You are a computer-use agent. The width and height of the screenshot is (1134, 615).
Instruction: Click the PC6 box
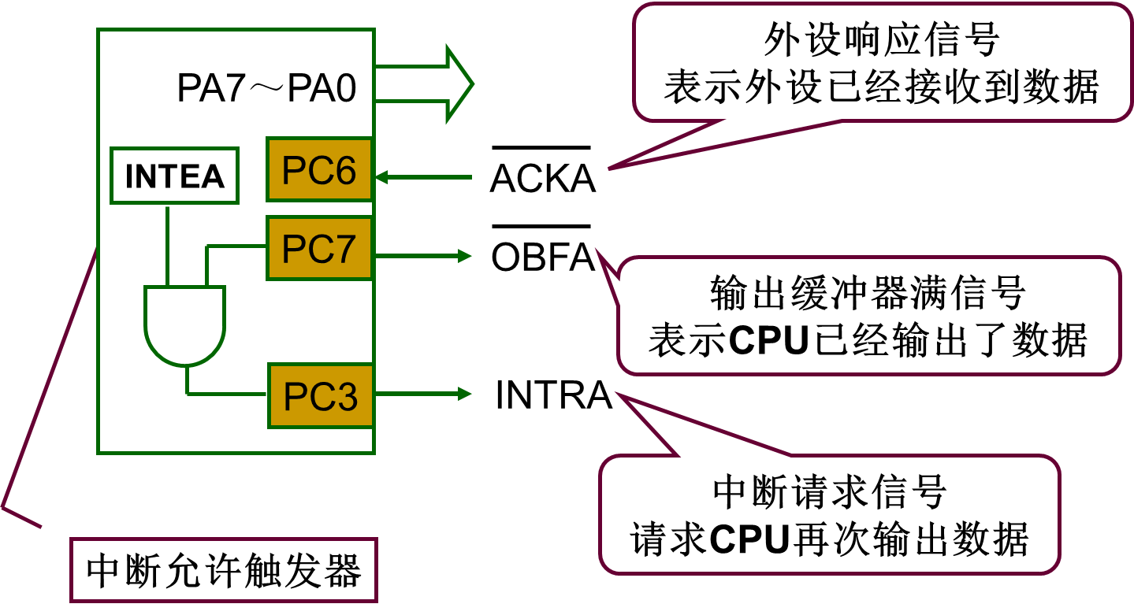pos(319,170)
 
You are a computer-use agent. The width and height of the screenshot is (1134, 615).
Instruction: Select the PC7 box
pos(319,248)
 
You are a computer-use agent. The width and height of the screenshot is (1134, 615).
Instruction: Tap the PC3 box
pos(320,396)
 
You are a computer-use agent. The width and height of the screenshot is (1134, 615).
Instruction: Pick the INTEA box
pos(174,176)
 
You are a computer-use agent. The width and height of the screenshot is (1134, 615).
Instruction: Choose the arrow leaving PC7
pos(422,255)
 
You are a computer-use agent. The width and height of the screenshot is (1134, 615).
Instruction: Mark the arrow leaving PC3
pos(422,393)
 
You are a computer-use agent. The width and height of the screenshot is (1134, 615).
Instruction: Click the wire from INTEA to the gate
pos(167,244)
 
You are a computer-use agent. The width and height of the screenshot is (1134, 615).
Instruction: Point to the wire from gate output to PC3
pos(225,392)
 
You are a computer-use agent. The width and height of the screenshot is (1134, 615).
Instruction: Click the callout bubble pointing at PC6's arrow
pos(883,63)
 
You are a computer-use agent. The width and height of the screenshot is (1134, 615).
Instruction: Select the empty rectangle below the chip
pos(224,569)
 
